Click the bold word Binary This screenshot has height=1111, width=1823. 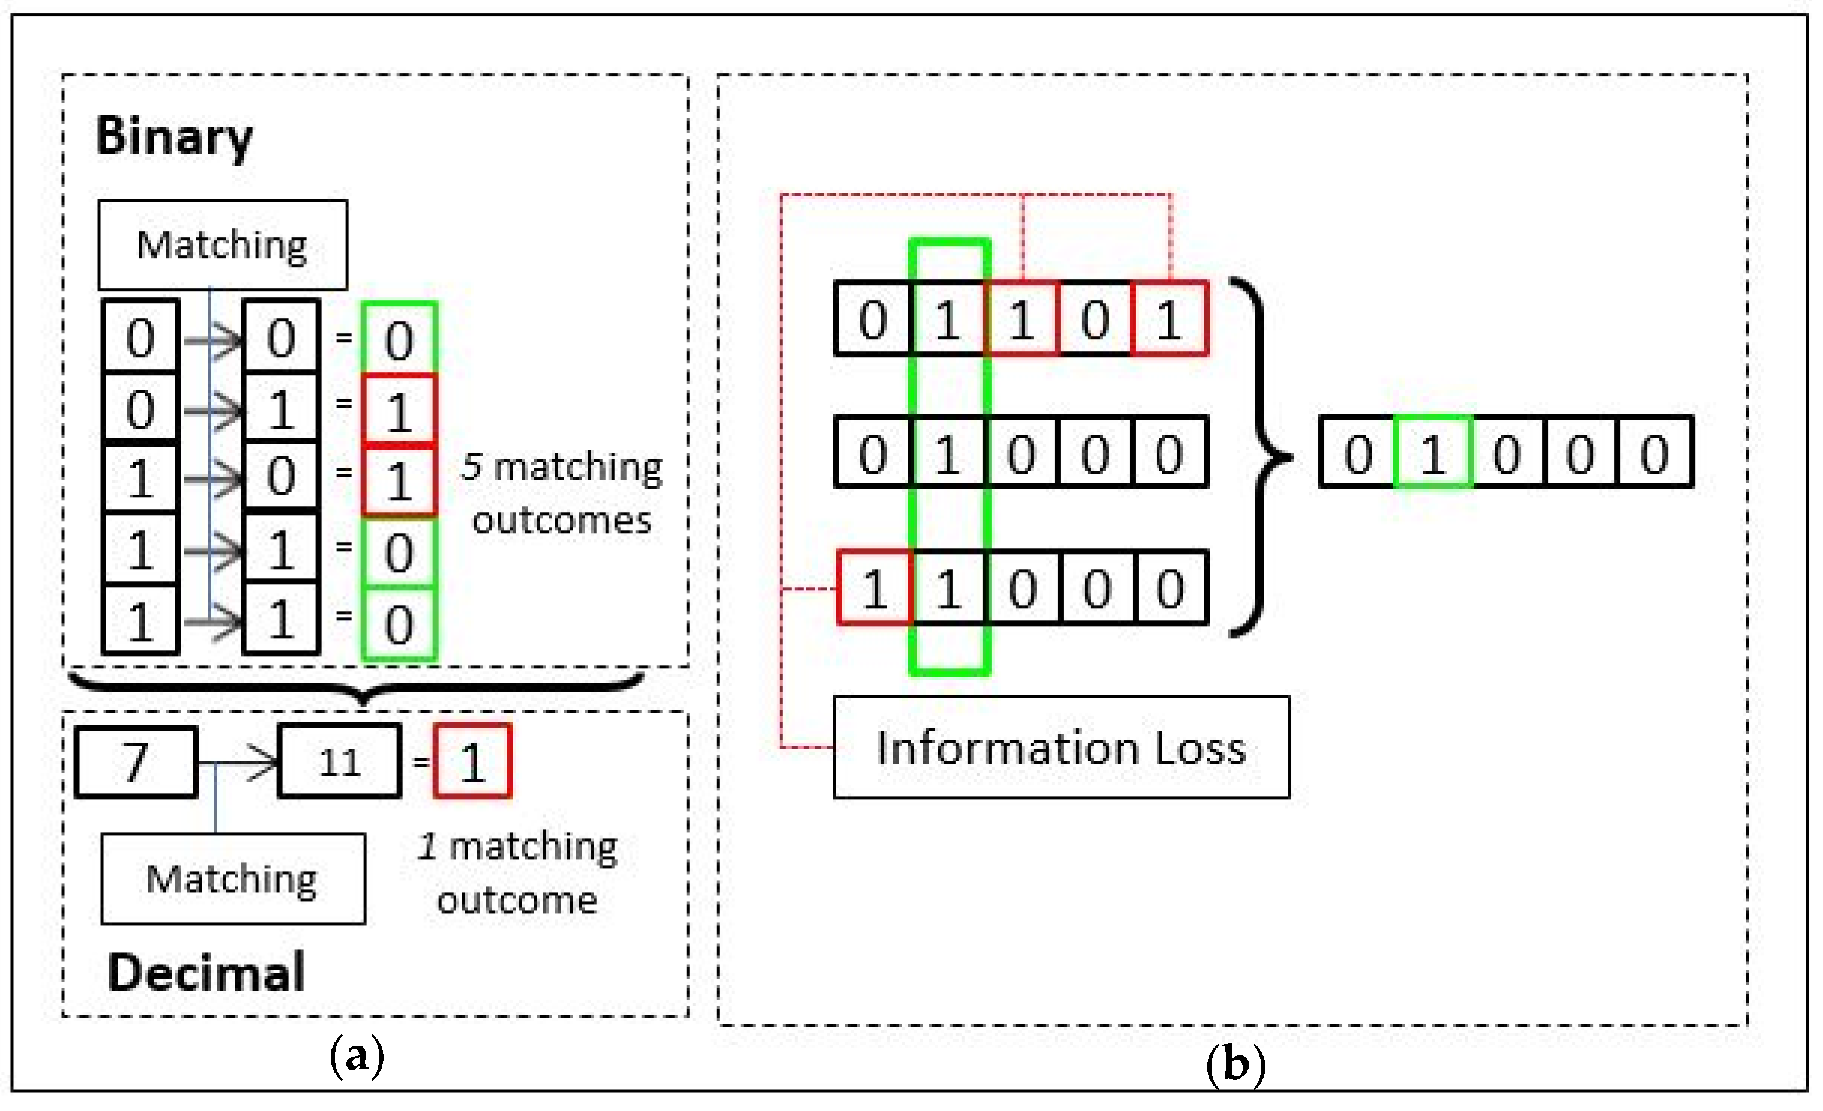coord(175,138)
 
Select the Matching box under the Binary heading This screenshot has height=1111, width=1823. coord(222,245)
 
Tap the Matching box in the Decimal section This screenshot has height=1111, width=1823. coord(232,880)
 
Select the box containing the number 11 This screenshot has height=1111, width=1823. coord(340,762)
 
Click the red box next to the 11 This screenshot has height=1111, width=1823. coord(472,762)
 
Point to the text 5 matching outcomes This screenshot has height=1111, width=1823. coord(562,493)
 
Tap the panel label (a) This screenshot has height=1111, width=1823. coord(357,1055)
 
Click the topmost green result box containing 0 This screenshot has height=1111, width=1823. coord(399,339)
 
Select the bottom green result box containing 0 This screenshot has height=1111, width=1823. coord(399,624)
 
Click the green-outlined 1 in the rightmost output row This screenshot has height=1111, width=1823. coord(1432,453)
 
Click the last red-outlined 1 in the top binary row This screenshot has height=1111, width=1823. coord(1169,319)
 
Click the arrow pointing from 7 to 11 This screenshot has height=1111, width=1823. coord(244,762)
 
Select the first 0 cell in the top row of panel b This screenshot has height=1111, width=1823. coord(873,319)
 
